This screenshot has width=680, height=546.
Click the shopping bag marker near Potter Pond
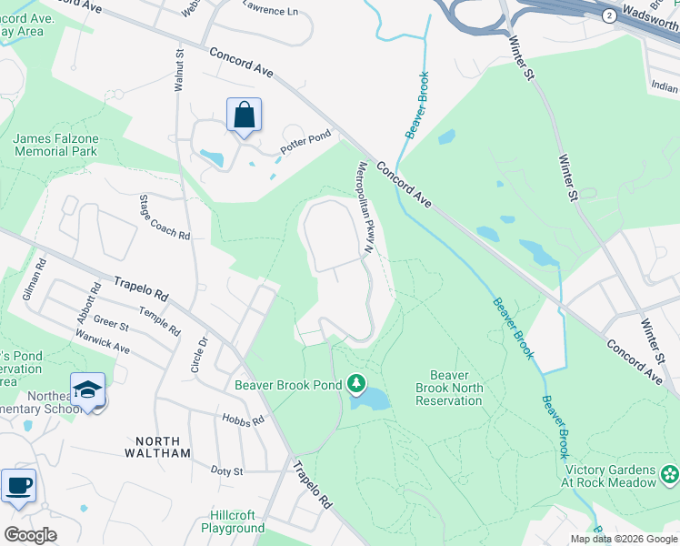[x=244, y=116]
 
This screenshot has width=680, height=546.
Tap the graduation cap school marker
[x=87, y=390]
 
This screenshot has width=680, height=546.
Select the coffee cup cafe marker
[x=18, y=486]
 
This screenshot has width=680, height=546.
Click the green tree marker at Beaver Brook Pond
[x=357, y=385]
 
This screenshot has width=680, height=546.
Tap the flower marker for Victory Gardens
[x=670, y=474]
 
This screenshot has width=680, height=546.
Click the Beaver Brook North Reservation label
[x=449, y=388]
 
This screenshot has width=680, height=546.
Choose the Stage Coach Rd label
[x=165, y=217]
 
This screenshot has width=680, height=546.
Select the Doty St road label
[x=226, y=470]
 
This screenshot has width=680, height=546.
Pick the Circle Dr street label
[x=202, y=347]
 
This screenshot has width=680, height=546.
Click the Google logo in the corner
[x=31, y=535]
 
